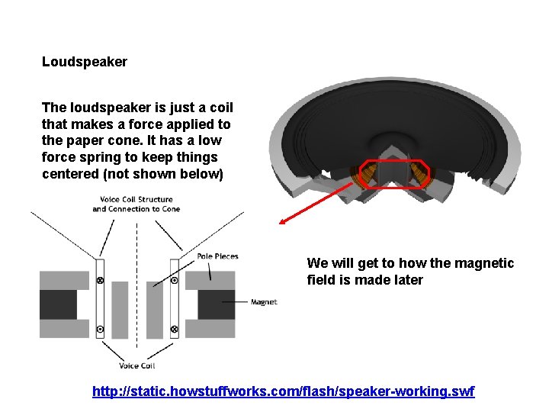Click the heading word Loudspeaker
click(85, 62)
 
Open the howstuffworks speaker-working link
click(283, 391)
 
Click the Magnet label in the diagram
click(264, 302)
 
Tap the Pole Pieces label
click(217, 256)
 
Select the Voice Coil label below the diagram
click(137, 365)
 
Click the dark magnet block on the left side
click(58, 304)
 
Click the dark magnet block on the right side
click(217, 304)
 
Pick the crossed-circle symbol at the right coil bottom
click(174, 329)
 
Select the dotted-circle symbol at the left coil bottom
click(100, 329)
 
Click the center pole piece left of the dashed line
click(120, 310)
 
